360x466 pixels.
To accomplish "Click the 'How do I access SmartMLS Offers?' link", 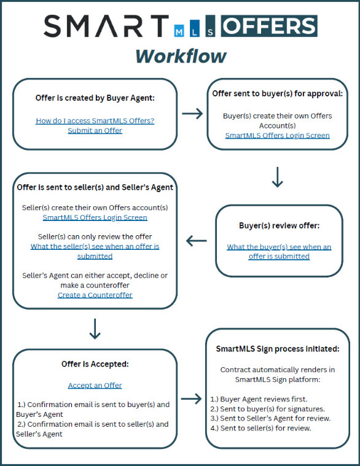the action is pos(95,121).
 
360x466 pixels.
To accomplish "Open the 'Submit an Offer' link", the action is pos(95,131).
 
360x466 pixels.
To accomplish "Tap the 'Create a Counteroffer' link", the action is pos(95,295).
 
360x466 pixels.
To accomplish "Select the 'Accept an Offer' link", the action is pos(95,385).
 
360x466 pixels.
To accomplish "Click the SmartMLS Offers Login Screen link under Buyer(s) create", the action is pos(277,135).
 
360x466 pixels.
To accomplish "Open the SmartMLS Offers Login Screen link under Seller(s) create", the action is pos(95,217).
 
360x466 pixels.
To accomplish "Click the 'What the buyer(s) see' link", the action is pos(279,252).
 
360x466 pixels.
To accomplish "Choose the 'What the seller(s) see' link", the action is pos(95,251).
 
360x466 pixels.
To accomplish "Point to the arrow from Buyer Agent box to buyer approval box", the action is pos(192,113).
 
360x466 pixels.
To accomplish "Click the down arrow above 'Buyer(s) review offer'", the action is pos(277,177).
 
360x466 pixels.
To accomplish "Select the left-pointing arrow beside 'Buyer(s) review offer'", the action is pos(196,241).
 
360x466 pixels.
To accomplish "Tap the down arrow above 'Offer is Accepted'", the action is pos(95,329).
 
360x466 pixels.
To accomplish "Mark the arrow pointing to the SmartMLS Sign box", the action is pos(192,398).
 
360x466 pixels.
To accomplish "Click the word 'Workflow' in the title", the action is pos(181,56).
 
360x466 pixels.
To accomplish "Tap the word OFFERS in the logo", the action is pos(269,26).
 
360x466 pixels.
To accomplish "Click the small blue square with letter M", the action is pos(179,31).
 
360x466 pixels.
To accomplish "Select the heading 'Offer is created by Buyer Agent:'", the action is pos(95,98).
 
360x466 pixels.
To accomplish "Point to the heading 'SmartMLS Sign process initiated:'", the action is pos(277,349).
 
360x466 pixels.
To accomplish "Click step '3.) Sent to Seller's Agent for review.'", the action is pos(270,418).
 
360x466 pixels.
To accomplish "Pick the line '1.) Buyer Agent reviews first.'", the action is pos(259,399).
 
